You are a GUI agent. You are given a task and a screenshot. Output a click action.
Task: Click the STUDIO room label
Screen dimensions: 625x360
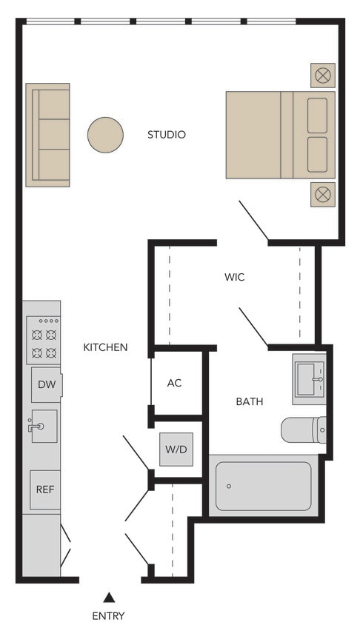tap(166, 135)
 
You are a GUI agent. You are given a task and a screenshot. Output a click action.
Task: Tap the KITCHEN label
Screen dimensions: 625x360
tap(105, 347)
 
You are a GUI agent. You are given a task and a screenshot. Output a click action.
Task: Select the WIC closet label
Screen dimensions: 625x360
tap(234, 278)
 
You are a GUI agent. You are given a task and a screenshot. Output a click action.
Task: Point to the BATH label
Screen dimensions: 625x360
tap(250, 401)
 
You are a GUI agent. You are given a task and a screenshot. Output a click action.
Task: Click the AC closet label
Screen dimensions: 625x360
tap(174, 383)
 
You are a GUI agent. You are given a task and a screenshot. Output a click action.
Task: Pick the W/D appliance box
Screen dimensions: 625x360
tap(176, 449)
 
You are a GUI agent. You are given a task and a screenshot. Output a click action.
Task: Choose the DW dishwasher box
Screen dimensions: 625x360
tap(46, 385)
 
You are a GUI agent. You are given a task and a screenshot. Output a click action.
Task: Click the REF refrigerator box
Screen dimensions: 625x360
tap(45, 489)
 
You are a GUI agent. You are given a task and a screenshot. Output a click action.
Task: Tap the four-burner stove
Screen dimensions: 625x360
tap(43, 340)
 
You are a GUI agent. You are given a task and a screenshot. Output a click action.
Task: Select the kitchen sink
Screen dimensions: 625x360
tap(44, 426)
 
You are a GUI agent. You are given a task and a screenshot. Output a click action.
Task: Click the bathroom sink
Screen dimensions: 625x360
tap(310, 379)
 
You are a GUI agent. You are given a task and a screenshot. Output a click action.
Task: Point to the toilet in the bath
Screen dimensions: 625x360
tap(304, 430)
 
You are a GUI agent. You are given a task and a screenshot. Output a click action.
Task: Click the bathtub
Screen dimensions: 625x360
tap(264, 486)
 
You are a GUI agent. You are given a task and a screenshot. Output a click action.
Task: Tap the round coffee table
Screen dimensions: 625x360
tap(105, 135)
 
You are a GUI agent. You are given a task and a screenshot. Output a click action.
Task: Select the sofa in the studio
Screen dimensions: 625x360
tap(48, 135)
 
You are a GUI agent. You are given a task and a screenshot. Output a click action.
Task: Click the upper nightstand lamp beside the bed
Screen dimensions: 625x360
tap(323, 75)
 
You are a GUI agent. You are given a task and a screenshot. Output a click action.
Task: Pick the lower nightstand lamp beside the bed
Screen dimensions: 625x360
tap(323, 195)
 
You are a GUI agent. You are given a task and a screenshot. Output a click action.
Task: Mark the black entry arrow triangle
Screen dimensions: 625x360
tap(109, 597)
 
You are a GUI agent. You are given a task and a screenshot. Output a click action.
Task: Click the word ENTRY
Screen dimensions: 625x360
tap(108, 616)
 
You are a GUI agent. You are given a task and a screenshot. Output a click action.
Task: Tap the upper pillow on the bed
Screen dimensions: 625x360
tap(317, 115)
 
